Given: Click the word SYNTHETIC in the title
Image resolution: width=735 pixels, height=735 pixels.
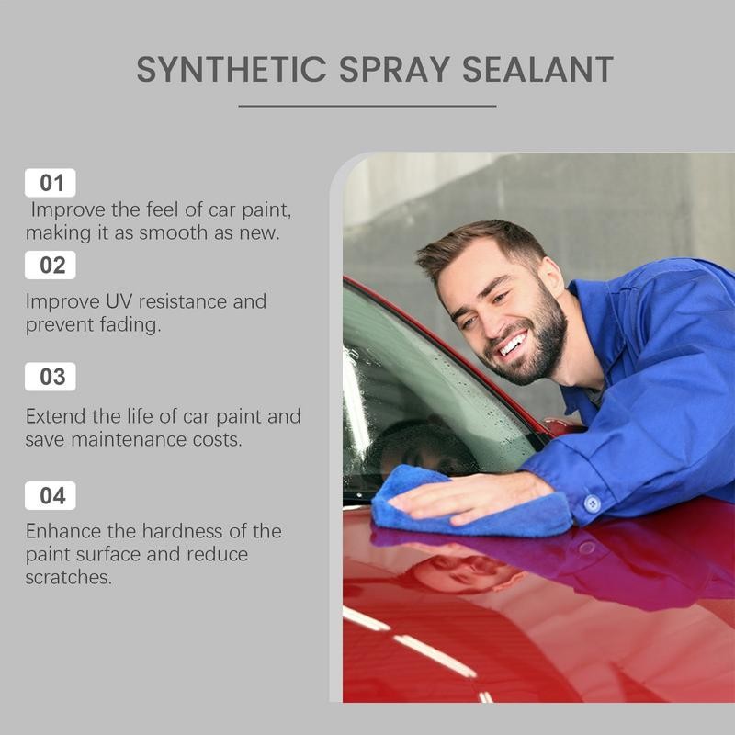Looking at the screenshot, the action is (x=232, y=70).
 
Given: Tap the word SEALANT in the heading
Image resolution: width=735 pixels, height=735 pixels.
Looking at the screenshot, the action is (x=537, y=70).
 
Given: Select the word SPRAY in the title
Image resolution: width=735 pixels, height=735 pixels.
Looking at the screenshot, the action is (x=395, y=70).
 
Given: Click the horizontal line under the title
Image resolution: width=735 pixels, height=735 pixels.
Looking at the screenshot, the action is (x=367, y=107).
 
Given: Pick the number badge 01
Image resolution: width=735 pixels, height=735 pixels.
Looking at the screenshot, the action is (x=51, y=182).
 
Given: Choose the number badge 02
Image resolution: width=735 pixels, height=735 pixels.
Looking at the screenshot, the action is (x=51, y=265).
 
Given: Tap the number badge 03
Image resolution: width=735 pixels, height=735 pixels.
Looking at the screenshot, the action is (x=51, y=377).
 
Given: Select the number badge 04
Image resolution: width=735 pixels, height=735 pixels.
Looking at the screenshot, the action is (x=51, y=495).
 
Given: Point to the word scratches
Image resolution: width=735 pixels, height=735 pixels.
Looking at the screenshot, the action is (x=68, y=577).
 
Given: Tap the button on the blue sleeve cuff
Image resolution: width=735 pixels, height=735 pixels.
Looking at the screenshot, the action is (x=592, y=503).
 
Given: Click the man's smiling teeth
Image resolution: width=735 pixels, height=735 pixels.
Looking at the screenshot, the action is (x=514, y=345).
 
